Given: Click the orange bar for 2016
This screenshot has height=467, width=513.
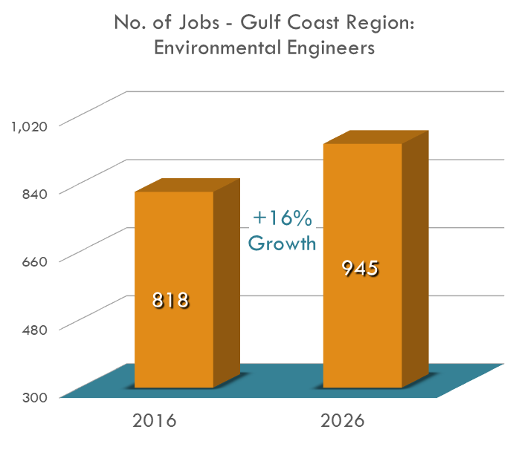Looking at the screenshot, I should [x=174, y=245].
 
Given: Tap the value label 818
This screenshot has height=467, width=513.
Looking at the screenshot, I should [x=171, y=300].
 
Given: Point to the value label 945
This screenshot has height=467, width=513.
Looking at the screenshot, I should [x=361, y=269].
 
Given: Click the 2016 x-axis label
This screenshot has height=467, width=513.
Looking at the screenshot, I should [x=154, y=421].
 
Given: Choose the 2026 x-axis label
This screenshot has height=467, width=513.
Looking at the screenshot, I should [x=343, y=421].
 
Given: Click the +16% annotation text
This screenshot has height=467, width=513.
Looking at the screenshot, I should [x=283, y=218].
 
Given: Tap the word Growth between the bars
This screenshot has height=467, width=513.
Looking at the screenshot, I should [x=283, y=243].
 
